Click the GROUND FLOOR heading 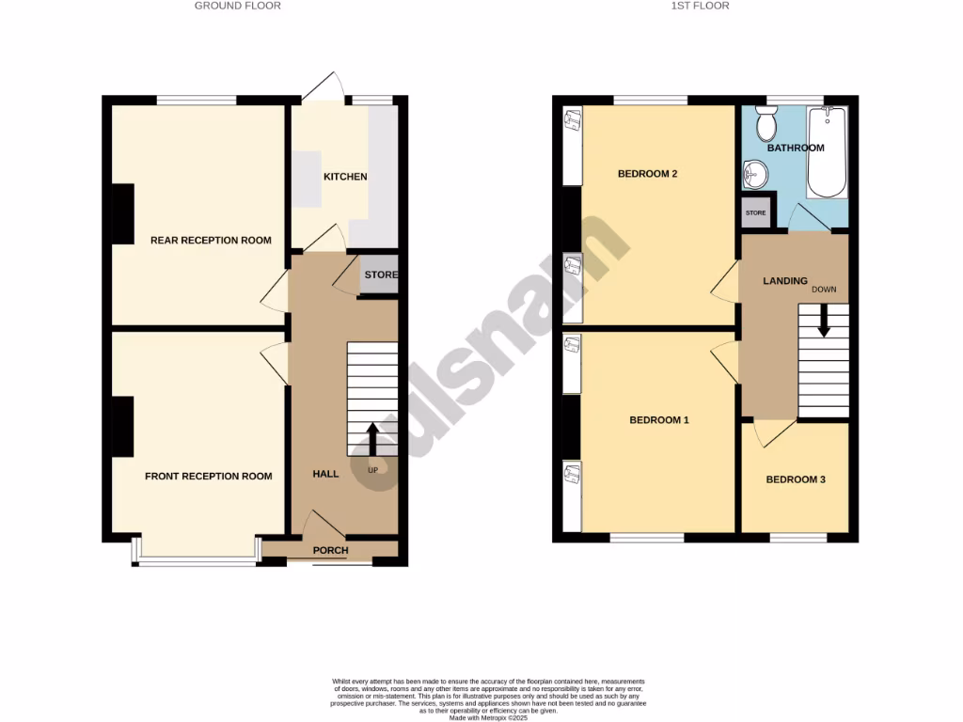(237, 6)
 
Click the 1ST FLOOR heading (702, 6)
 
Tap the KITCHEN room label (345, 177)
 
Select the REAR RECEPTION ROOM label (211, 241)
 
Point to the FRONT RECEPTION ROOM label (208, 477)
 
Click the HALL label (325, 474)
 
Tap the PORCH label (330, 551)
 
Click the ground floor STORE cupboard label (381, 275)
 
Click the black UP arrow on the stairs (372, 439)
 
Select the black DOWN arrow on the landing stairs (824, 322)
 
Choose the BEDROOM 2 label (648, 174)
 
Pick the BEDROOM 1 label (659, 420)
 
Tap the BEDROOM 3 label (796, 479)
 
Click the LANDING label (785, 281)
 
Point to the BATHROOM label (796, 148)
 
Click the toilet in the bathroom (766, 121)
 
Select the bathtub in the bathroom (828, 152)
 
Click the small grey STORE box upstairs (756, 213)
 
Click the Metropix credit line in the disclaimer (488, 718)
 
